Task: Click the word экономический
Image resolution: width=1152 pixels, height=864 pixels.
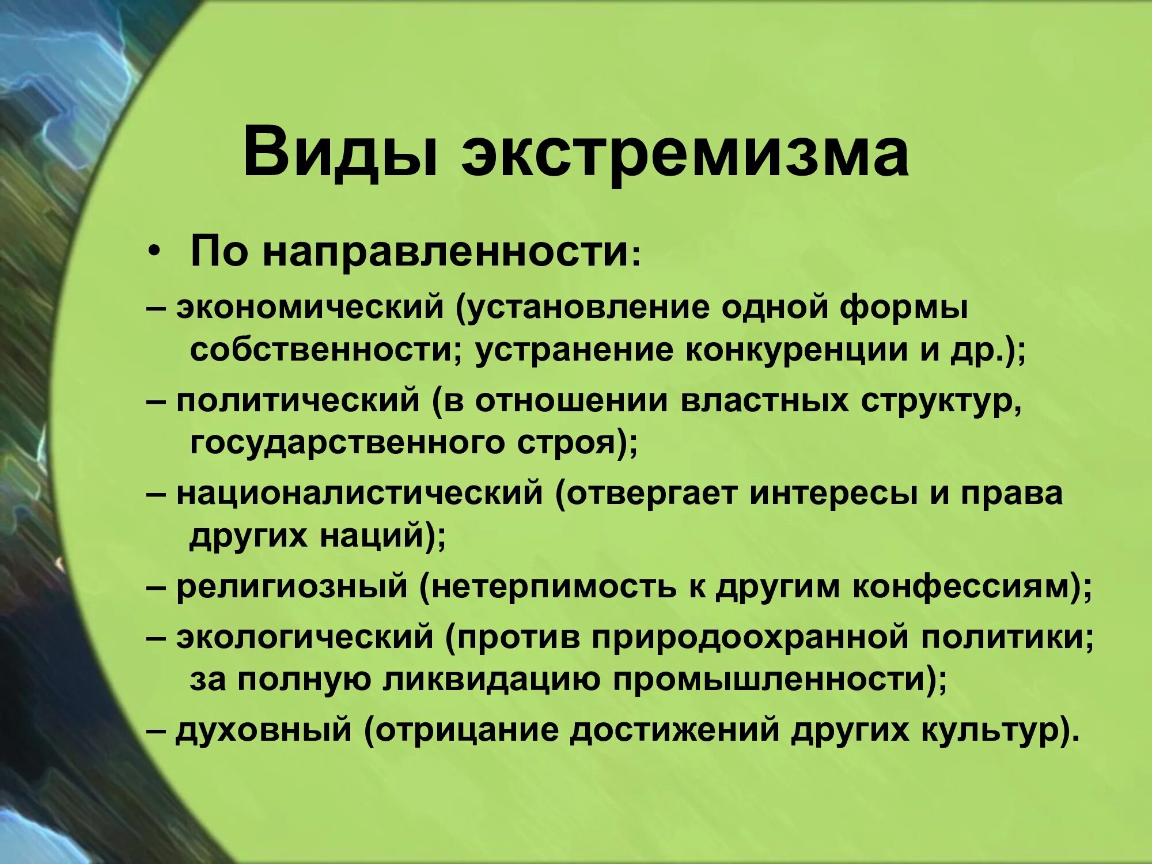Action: click(310, 307)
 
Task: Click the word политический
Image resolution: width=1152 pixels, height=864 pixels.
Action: click(298, 401)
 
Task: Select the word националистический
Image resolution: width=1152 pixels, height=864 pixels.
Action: click(359, 494)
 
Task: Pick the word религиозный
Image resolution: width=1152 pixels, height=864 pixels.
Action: click(292, 587)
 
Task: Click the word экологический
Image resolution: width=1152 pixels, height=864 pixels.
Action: click(305, 638)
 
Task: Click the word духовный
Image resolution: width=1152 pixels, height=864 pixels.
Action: click(263, 730)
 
